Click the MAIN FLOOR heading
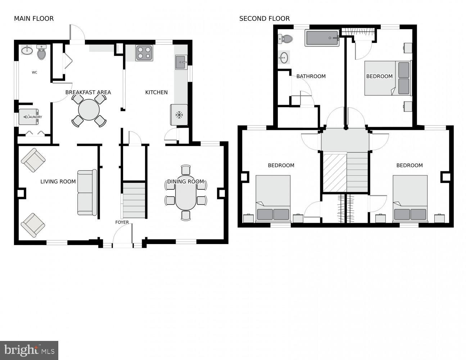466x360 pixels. click(34, 19)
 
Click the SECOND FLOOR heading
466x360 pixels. click(264, 19)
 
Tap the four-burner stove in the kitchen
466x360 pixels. click(144, 53)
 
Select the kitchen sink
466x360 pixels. click(181, 62)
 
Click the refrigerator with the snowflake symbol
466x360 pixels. click(179, 115)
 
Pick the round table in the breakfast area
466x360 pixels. click(89, 110)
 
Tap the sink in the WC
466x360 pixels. click(27, 50)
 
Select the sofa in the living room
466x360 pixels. click(87, 192)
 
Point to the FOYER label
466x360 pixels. click(122, 222)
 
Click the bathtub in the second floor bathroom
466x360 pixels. click(322, 38)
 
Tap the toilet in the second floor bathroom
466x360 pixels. click(286, 39)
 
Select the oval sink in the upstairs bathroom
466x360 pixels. click(284, 57)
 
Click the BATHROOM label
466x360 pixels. click(311, 76)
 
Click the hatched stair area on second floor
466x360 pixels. click(335, 172)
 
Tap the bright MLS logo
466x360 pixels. click(29, 350)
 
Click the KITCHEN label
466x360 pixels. click(156, 93)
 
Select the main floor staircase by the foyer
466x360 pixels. click(134, 200)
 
